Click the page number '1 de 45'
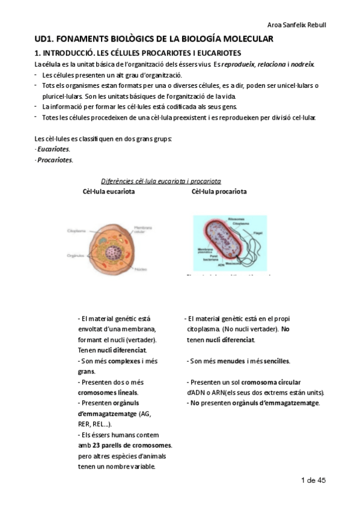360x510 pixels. coord(313,481)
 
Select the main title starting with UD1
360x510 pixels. coord(154,39)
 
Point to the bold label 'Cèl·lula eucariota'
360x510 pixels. coord(108,192)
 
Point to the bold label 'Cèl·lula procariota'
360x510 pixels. coord(219,192)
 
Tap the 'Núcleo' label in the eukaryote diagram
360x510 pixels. coord(142,269)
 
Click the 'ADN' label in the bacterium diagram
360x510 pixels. coord(222,265)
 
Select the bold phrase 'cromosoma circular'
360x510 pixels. coord(267,382)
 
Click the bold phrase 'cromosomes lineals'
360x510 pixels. coord(108,392)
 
